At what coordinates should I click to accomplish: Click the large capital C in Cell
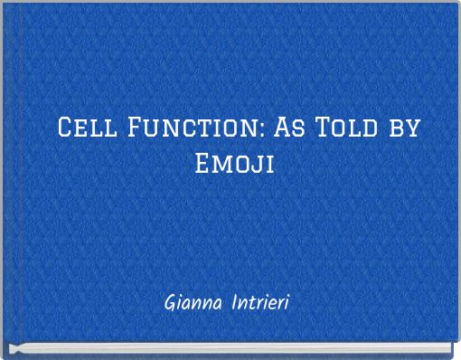tap(66, 128)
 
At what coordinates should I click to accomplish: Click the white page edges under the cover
tap(226, 349)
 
